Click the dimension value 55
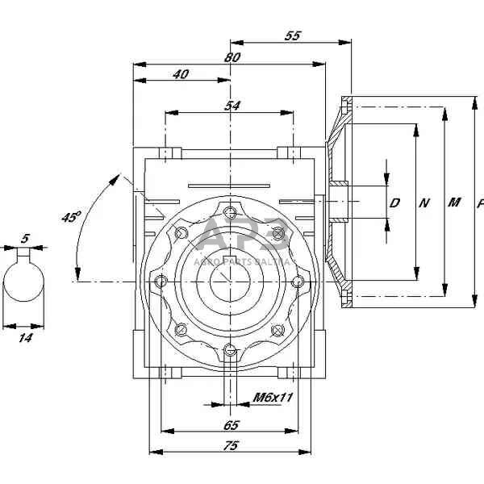[x=293, y=36]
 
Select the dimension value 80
[x=232, y=57]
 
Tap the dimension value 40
[x=181, y=74]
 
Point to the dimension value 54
[x=232, y=106]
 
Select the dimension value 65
[x=231, y=424]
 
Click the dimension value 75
[x=231, y=445]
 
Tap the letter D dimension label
[x=394, y=203]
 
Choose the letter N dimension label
[x=423, y=203]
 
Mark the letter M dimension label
[x=453, y=202]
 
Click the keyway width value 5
[x=26, y=239]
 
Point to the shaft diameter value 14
[x=25, y=339]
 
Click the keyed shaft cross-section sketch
[x=25, y=287]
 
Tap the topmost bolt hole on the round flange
[x=232, y=214]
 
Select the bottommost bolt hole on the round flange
[x=232, y=348]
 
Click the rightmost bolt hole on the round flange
[x=298, y=281]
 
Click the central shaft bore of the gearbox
[x=232, y=282]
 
